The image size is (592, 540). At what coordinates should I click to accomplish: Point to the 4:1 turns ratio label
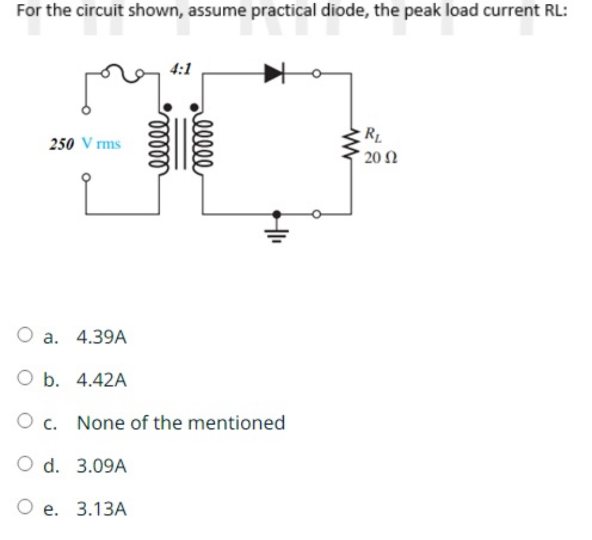coord(180,69)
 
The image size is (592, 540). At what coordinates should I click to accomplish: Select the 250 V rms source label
coord(85,144)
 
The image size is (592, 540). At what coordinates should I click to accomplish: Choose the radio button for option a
coord(24,336)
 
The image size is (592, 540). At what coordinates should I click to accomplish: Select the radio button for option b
coord(24,379)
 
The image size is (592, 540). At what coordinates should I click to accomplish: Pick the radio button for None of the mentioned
coord(24,422)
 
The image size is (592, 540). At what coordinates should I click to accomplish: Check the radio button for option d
coord(24,465)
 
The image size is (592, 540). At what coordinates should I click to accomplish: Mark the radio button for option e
coord(24,508)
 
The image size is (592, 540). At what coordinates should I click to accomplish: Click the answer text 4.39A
coord(102,337)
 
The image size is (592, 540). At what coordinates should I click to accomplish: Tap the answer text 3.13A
coord(102,509)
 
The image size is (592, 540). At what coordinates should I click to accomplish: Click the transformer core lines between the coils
coord(180,144)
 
